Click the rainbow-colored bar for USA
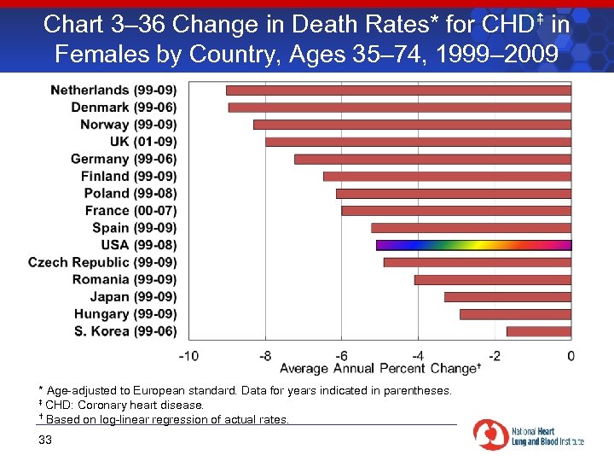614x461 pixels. (x=473, y=245)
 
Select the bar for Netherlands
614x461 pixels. (x=398, y=90)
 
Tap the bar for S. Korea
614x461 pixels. (x=538, y=331)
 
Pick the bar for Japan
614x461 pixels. (x=507, y=297)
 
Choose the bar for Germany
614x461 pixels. (x=432, y=159)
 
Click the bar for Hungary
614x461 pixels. (x=515, y=314)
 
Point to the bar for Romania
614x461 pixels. (x=492, y=279)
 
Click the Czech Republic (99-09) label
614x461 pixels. (x=102, y=262)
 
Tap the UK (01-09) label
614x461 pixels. (x=143, y=142)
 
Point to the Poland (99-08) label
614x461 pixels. (x=130, y=194)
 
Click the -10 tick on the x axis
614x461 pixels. (x=189, y=355)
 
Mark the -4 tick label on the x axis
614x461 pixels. (x=417, y=355)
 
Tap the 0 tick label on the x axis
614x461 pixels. (x=571, y=355)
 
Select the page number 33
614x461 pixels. (x=45, y=440)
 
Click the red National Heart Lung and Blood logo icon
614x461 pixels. (x=489, y=435)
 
